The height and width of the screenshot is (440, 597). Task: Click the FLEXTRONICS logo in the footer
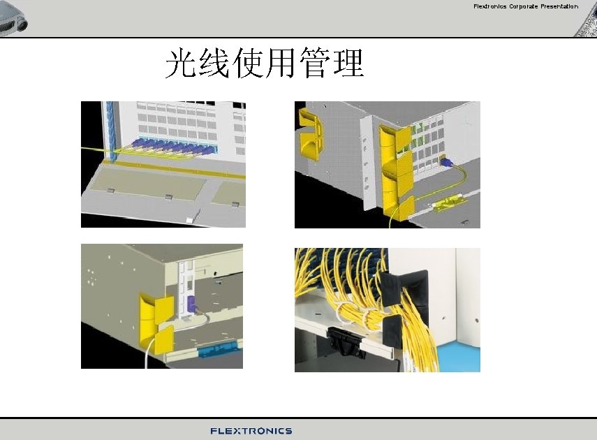point(251,431)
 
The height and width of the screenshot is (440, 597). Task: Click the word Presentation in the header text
point(559,6)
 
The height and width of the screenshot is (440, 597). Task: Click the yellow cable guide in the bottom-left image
point(155,321)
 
